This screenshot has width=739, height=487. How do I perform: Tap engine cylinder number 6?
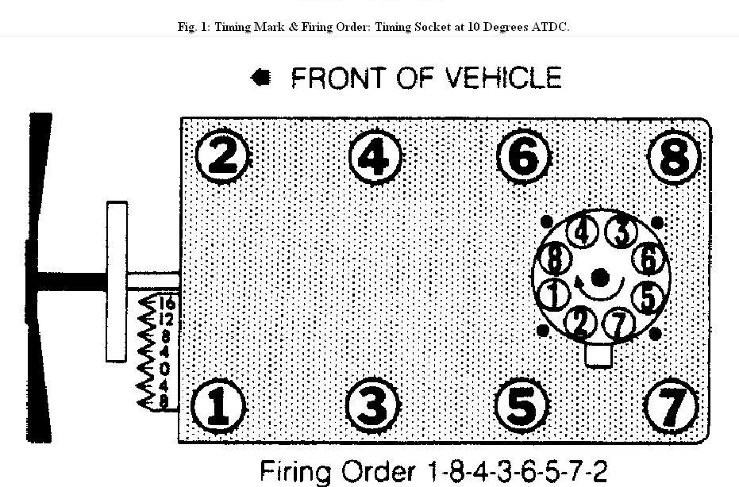click(524, 157)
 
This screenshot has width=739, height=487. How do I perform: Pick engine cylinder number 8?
click(675, 157)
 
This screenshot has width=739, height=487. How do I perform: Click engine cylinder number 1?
click(217, 405)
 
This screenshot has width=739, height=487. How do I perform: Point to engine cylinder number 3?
click(371, 405)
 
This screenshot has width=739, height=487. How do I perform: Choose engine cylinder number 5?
click(522, 405)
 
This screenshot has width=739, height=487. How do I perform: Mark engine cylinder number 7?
click(671, 405)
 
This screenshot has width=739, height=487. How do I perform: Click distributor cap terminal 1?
click(554, 295)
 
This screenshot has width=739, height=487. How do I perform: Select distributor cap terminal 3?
click(622, 232)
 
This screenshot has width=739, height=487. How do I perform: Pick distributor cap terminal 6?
click(649, 259)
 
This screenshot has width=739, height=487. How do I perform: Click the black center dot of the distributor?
click(600, 277)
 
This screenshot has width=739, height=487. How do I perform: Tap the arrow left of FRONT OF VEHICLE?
click(261, 77)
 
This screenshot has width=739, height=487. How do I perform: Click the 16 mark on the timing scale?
click(166, 303)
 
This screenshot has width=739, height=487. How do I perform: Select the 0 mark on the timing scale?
click(164, 369)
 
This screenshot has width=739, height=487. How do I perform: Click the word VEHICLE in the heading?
click(502, 78)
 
